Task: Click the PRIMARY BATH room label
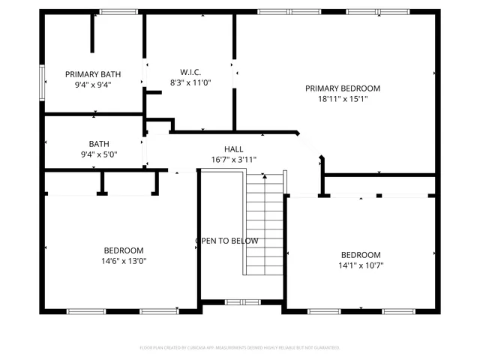pos(93,74)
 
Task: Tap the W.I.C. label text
pos(190,72)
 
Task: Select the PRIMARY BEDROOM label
pos(343,88)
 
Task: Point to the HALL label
pos(233,149)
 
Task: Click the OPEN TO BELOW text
pos(227,241)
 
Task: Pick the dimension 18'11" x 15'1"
pos(343,98)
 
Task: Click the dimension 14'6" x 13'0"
pos(124,261)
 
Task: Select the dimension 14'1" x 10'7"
pos(361,265)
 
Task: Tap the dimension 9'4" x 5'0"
pos(98,154)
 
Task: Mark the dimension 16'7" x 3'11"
pos(233,159)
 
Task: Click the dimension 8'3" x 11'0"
pos(190,82)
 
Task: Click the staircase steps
pos(266,225)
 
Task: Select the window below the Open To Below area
pos(242,302)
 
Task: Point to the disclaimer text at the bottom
pos(240,348)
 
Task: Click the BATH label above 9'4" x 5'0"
pos(98,144)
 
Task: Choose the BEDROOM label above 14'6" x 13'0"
pos(124,250)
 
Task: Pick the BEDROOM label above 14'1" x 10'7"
pos(361,254)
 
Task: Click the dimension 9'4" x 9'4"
pos(93,85)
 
